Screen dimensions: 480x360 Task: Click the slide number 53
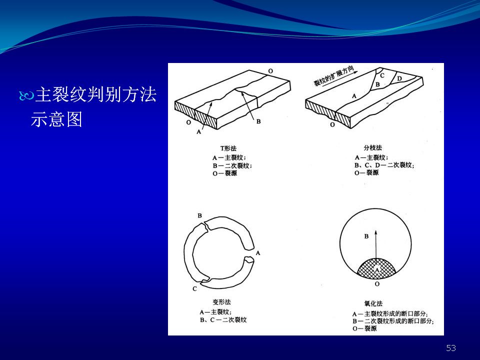[x=451, y=348]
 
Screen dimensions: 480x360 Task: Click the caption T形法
[x=228, y=148]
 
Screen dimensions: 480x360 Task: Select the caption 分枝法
[x=372, y=148]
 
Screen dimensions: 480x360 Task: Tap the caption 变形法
[x=221, y=302]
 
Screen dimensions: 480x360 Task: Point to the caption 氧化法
[x=373, y=303]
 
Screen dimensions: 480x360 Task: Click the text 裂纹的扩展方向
[x=333, y=76]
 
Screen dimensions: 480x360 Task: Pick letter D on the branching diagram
[x=399, y=78]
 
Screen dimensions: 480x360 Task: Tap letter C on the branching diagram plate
[x=382, y=75]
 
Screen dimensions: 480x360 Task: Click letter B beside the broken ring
[x=199, y=215]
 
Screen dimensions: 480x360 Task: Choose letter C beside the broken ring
[x=194, y=288]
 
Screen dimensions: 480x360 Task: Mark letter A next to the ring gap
[x=258, y=253]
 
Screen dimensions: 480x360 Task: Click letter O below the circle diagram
[x=377, y=284]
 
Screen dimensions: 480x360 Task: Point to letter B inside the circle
[x=366, y=236]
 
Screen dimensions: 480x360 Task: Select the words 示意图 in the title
[x=56, y=119]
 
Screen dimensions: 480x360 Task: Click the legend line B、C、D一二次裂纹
[x=384, y=165]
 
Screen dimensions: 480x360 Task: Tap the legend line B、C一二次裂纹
[x=223, y=320]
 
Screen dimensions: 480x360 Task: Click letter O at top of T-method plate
[x=270, y=71]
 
